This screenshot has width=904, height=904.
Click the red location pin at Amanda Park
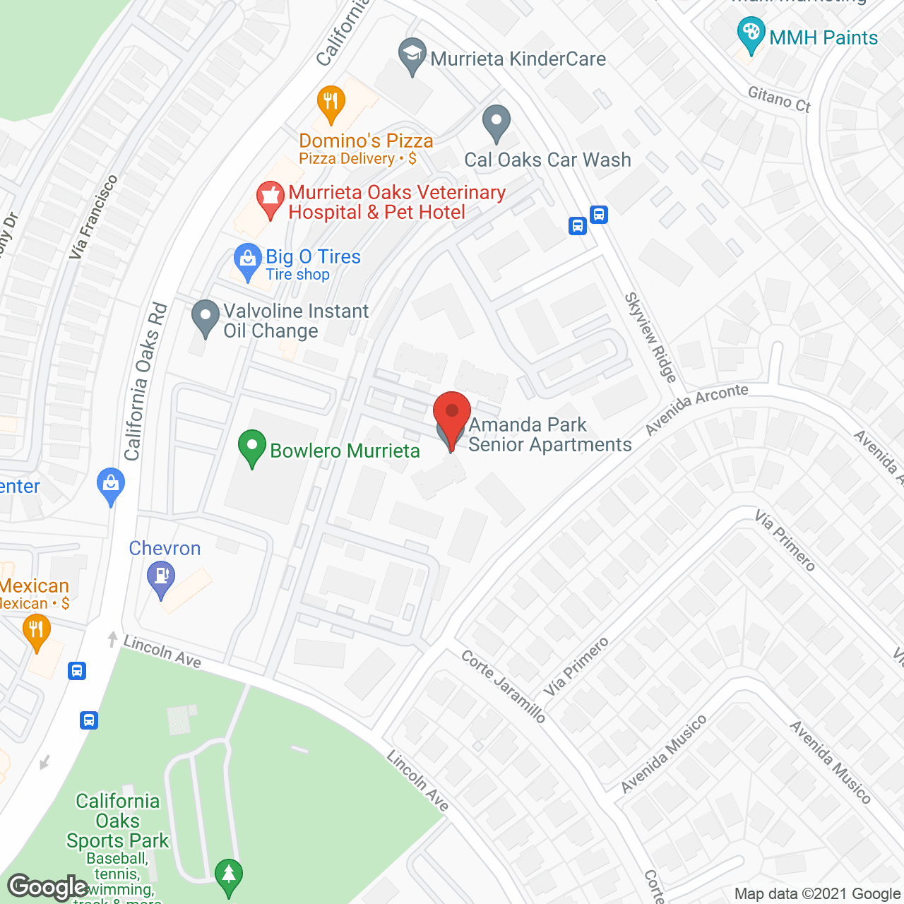click(x=451, y=412)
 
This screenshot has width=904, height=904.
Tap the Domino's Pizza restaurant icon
click(x=331, y=102)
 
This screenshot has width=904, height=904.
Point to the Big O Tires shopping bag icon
click(x=248, y=260)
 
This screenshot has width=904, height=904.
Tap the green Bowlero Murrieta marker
click(x=252, y=447)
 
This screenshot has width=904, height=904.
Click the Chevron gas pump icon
click(x=161, y=578)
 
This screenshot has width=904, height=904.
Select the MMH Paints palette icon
click(x=751, y=34)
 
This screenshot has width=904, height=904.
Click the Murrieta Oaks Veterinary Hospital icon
click(x=270, y=198)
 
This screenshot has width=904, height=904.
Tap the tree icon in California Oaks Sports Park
click(x=228, y=876)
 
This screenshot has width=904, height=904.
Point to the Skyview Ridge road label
click(x=650, y=338)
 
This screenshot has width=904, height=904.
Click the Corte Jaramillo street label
click(x=504, y=686)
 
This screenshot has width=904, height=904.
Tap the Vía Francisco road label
click(x=93, y=216)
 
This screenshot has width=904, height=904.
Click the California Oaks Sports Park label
click(x=117, y=821)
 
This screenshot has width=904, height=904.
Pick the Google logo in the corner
click(x=48, y=887)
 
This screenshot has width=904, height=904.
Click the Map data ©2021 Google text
click(x=818, y=894)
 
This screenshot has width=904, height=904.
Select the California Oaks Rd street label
click(x=145, y=381)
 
